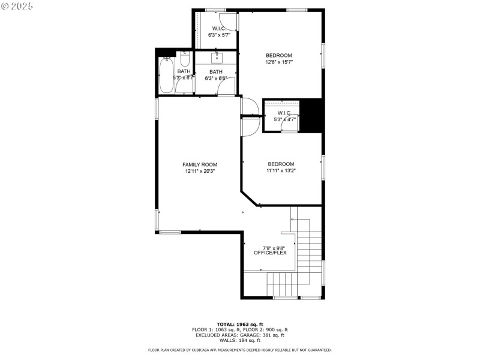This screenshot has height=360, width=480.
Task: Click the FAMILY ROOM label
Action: [x=200, y=164]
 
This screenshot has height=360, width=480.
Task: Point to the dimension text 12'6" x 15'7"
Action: [x=279, y=62]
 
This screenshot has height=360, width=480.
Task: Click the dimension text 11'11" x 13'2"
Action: [x=281, y=170]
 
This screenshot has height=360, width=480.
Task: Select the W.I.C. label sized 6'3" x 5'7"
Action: [x=219, y=29]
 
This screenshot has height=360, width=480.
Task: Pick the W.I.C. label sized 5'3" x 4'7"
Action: [x=284, y=113]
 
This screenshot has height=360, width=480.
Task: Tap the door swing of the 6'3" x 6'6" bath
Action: [x=226, y=87]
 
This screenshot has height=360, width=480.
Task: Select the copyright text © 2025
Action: [x=17, y=5]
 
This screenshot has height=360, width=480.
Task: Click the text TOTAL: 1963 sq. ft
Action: [x=240, y=324]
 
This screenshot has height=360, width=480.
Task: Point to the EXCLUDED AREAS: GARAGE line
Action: [x=240, y=335]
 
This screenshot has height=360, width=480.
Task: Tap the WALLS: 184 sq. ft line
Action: [x=240, y=340]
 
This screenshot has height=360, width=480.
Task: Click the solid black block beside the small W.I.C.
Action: [x=311, y=115]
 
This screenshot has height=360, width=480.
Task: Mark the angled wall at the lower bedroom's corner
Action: [x=251, y=200]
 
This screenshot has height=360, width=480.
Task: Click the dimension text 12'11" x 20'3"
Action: [x=200, y=171]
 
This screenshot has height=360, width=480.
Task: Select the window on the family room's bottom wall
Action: [x=170, y=232]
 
